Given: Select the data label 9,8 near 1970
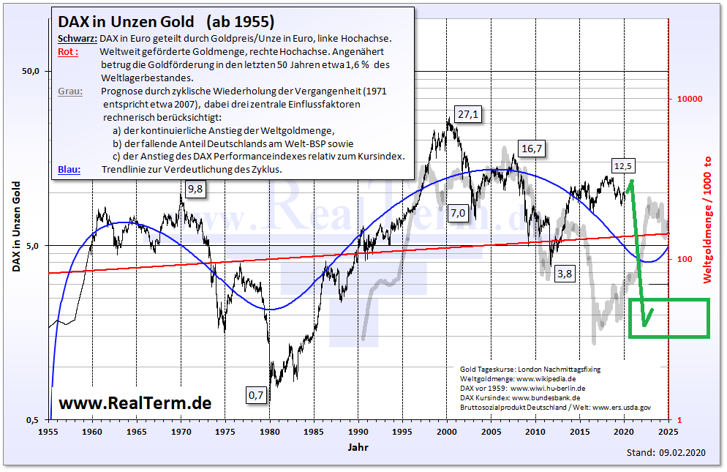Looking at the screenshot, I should [x=195, y=190].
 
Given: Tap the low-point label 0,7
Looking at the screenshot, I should [x=256, y=395].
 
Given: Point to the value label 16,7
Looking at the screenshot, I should [x=532, y=149].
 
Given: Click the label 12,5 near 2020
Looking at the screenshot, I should [x=623, y=166].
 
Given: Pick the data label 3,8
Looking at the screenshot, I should [x=565, y=274].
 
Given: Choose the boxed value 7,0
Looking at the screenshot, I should [x=458, y=213].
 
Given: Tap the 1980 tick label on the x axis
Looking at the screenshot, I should [x=270, y=432].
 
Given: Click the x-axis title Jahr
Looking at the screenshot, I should [x=358, y=446].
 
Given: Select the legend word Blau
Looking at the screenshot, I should [x=69, y=169].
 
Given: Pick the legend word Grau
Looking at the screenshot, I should [x=70, y=91].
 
